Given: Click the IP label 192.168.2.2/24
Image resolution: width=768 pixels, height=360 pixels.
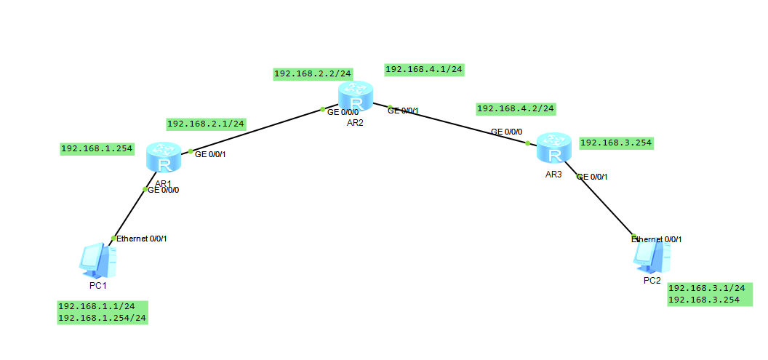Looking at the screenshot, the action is pyautogui.click(x=313, y=73).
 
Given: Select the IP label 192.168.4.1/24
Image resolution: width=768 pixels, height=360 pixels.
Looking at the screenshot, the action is pyautogui.click(x=424, y=69).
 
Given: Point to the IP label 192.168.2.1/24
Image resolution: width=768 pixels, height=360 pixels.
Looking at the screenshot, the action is pyautogui.click(x=206, y=124).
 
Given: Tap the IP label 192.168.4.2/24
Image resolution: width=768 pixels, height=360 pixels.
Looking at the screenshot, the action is pyautogui.click(x=516, y=108).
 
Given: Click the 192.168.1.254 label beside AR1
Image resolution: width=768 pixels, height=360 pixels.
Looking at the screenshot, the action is pyautogui.click(x=97, y=149).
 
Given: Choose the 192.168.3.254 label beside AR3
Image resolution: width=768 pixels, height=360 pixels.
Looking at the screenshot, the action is pyautogui.click(x=616, y=143).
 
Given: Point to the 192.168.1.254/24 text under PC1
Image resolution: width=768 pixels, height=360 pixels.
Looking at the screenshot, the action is pyautogui.click(x=102, y=318).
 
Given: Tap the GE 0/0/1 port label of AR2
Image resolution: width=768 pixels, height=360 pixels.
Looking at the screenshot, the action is pyautogui.click(x=404, y=111).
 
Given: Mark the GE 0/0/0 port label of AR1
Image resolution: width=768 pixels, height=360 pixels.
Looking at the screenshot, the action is pyautogui.click(x=164, y=190).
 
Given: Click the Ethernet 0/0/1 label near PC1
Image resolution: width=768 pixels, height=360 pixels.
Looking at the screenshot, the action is pyautogui.click(x=143, y=239).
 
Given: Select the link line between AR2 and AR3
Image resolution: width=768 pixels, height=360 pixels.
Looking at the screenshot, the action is pyautogui.click(x=458, y=125).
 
